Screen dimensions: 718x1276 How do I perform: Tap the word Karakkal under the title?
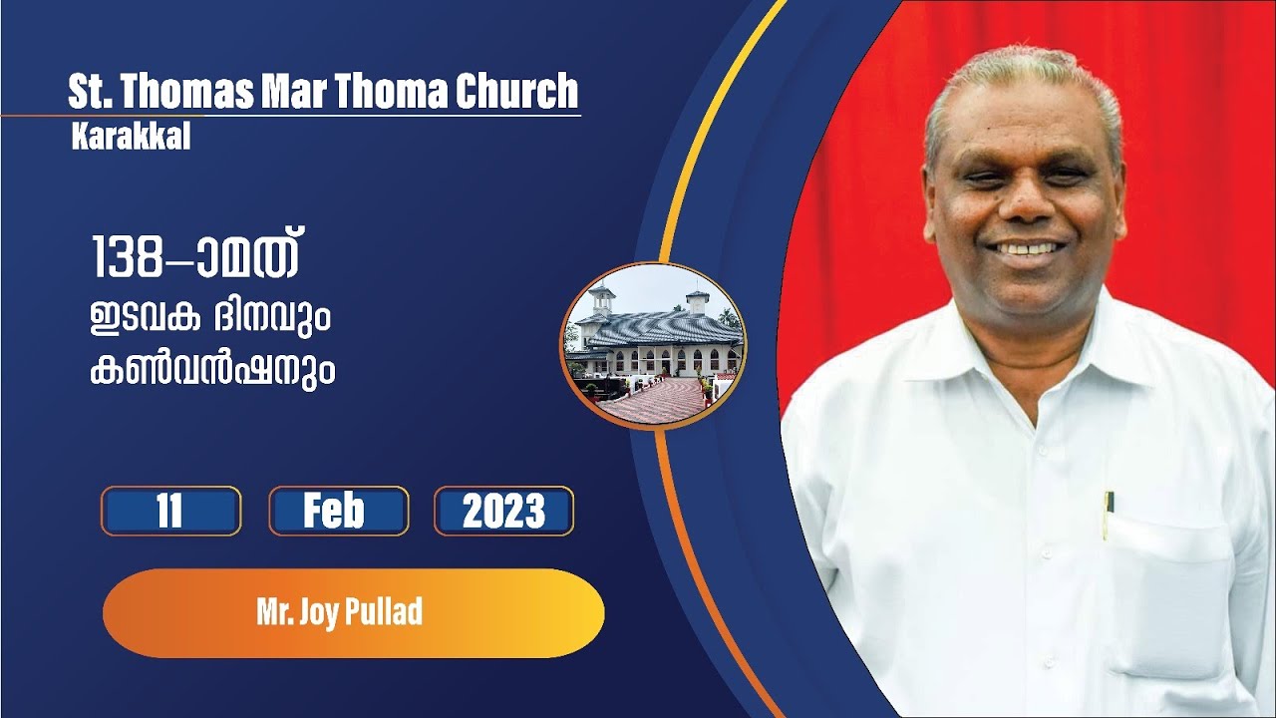tap(131, 139)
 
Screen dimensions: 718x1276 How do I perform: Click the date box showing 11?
tap(169, 512)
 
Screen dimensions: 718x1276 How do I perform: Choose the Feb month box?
tap(338, 512)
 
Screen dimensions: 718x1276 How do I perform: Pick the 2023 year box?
tap(503, 512)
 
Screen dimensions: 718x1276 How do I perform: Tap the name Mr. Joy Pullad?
tap(339, 612)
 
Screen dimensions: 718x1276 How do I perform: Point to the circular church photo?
tap(653, 345)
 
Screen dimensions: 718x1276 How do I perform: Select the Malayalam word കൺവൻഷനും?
tap(211, 372)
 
